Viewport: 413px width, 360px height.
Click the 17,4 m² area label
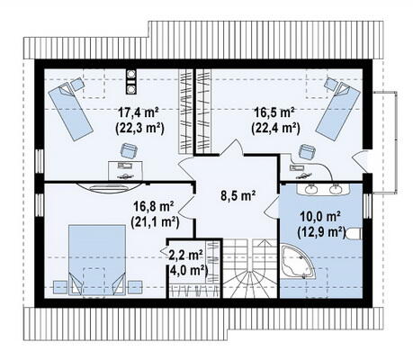point(139,113)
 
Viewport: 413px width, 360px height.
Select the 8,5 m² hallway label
point(238,195)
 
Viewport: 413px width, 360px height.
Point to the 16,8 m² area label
point(154,206)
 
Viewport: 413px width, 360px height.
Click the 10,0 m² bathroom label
point(320,216)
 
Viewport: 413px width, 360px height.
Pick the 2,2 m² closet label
point(186,255)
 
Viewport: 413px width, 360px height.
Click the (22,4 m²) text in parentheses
point(275,129)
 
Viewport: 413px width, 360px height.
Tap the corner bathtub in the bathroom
point(297,263)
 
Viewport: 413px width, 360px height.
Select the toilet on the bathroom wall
point(354,234)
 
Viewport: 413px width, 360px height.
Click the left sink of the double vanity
point(311,189)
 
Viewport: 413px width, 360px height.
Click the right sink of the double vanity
point(335,189)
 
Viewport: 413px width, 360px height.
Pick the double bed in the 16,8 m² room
point(97,260)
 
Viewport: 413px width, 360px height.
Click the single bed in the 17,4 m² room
point(70,112)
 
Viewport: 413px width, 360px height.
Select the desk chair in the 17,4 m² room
point(130,150)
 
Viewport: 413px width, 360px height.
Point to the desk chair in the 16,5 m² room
point(308,152)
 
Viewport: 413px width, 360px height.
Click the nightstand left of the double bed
point(60,287)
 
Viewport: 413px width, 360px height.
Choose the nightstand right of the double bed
point(135,287)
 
